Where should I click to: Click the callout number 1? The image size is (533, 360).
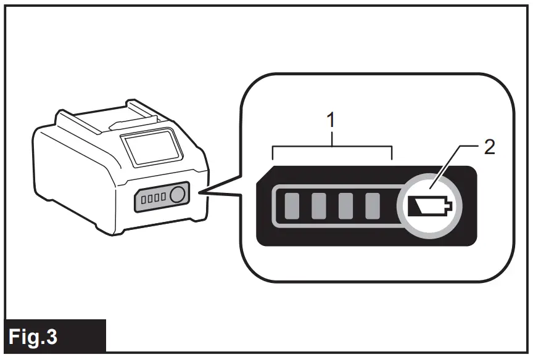click(x=332, y=120)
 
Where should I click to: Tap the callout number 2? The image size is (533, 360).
click(x=489, y=149)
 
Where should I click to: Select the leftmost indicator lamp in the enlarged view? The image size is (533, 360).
click(x=291, y=206)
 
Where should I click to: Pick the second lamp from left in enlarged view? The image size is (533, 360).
click(x=318, y=206)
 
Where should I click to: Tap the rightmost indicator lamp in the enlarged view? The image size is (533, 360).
click(x=372, y=206)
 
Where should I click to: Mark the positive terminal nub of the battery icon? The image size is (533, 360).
click(x=451, y=206)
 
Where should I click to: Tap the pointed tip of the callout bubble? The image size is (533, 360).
click(x=204, y=192)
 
